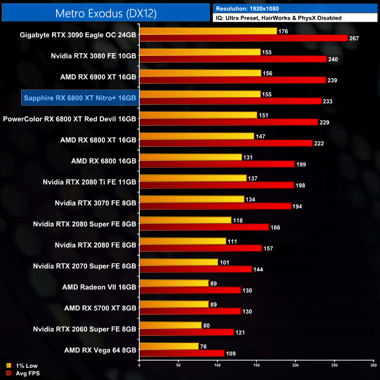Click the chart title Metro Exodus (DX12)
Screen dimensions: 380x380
[x=105, y=12]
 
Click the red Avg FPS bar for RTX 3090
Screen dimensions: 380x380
[x=243, y=38]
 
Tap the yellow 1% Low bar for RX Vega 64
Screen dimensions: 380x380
[x=169, y=346]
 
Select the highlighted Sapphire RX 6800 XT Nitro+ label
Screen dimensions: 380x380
[x=80, y=97]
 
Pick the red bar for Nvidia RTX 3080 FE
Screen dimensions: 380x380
[x=233, y=59]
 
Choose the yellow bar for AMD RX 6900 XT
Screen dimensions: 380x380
[x=200, y=72]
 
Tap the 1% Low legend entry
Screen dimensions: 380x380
[x=23, y=365]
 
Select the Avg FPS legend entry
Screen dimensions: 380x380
[x=25, y=372]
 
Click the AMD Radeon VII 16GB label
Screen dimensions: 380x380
[x=99, y=286]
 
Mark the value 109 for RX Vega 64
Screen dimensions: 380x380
[x=231, y=353]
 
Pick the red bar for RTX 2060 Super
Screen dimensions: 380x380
[x=186, y=332]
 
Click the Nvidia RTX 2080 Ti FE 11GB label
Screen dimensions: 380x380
[x=89, y=181]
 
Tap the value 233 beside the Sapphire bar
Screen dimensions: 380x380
[x=328, y=101]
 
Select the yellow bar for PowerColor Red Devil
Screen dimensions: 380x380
[x=198, y=115]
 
